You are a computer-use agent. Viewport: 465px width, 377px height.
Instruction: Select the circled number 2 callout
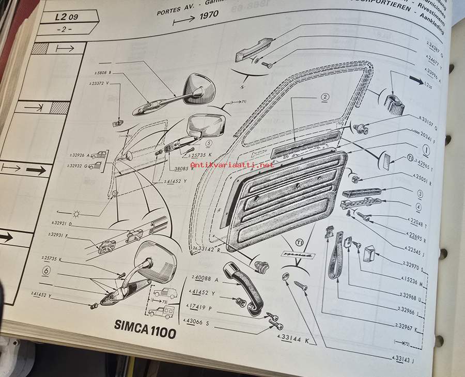[324, 98]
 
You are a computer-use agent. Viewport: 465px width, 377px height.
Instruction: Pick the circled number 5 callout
[209, 145]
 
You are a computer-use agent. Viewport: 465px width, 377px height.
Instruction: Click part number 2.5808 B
[103, 72]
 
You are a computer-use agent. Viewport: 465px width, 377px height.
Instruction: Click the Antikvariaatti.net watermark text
[239, 165]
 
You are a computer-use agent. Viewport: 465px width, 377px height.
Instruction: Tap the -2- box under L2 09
[66, 29]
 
